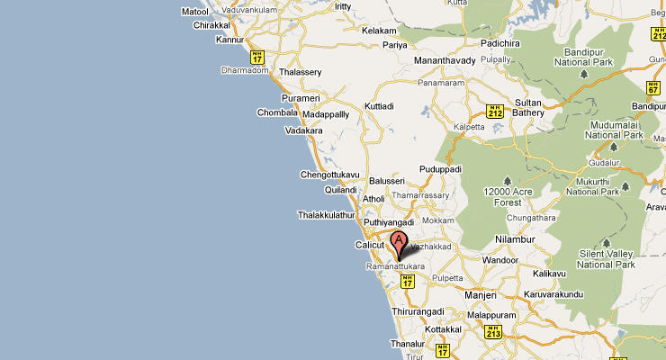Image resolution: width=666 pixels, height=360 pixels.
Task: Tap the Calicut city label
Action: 370,245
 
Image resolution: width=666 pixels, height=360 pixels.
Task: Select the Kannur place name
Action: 230,40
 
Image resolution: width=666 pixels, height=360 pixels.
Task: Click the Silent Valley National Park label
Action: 607,259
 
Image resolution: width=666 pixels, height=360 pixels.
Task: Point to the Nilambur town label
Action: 516,238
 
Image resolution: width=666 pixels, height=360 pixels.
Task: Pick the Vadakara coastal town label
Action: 303,130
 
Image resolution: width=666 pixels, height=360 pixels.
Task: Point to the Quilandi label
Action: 341,190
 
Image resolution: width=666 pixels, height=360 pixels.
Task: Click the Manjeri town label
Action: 480,295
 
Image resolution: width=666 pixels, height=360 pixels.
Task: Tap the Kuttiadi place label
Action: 379,106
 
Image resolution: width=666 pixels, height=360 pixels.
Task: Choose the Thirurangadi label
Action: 415,310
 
